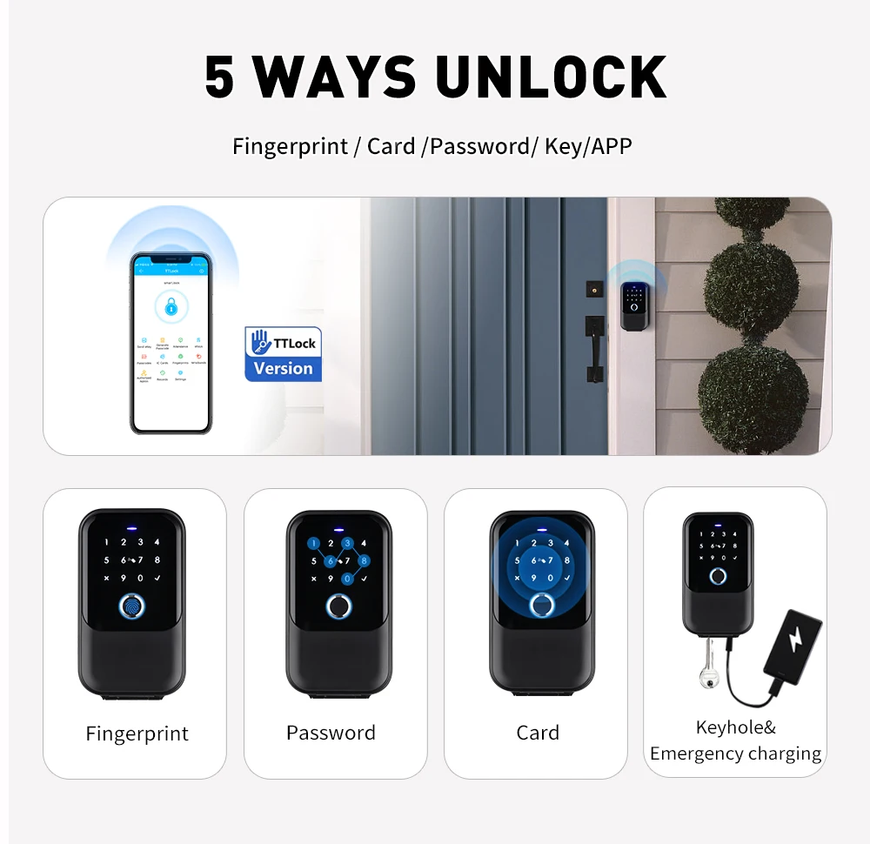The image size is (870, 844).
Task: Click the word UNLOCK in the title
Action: tap(551, 78)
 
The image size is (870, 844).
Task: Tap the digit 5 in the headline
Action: tap(219, 78)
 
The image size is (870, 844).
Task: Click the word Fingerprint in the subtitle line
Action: tap(290, 146)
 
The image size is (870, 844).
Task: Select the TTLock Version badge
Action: tap(283, 354)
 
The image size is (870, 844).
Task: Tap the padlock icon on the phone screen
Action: tap(171, 305)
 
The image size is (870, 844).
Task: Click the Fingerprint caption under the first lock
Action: tap(137, 733)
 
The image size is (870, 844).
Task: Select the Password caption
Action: tap(331, 733)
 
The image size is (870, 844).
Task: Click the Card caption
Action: tap(538, 733)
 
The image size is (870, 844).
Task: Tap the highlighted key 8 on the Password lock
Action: tap(364, 561)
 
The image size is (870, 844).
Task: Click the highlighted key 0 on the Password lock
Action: tap(347, 579)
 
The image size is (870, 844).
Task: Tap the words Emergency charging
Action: tap(735, 754)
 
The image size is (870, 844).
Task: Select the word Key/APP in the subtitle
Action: tap(588, 146)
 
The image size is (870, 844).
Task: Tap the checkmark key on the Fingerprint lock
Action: tap(157, 579)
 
